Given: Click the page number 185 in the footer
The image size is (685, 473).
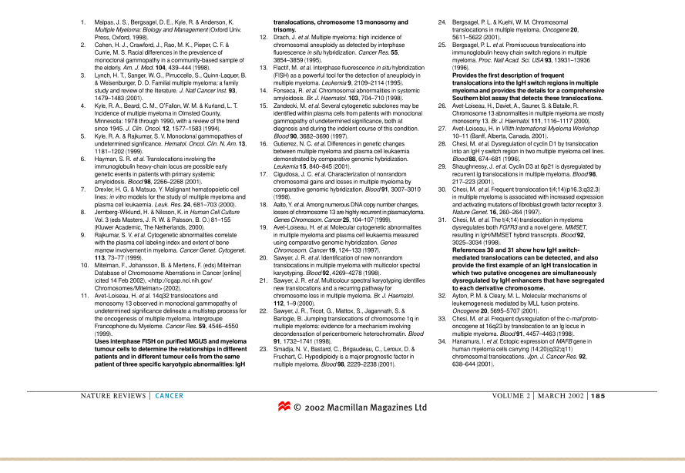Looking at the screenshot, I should tap(598, 396).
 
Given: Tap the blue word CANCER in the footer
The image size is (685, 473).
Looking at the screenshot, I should tap(169, 396).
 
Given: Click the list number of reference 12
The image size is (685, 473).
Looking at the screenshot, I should tap(263, 36).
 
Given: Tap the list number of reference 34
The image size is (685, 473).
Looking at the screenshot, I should tap(442, 340).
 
